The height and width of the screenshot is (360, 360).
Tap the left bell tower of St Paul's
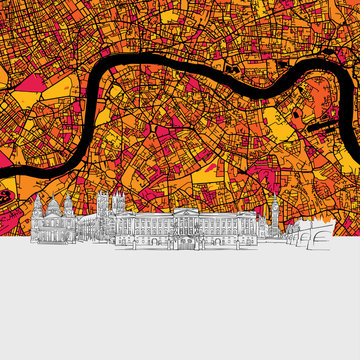pos(38,211)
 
